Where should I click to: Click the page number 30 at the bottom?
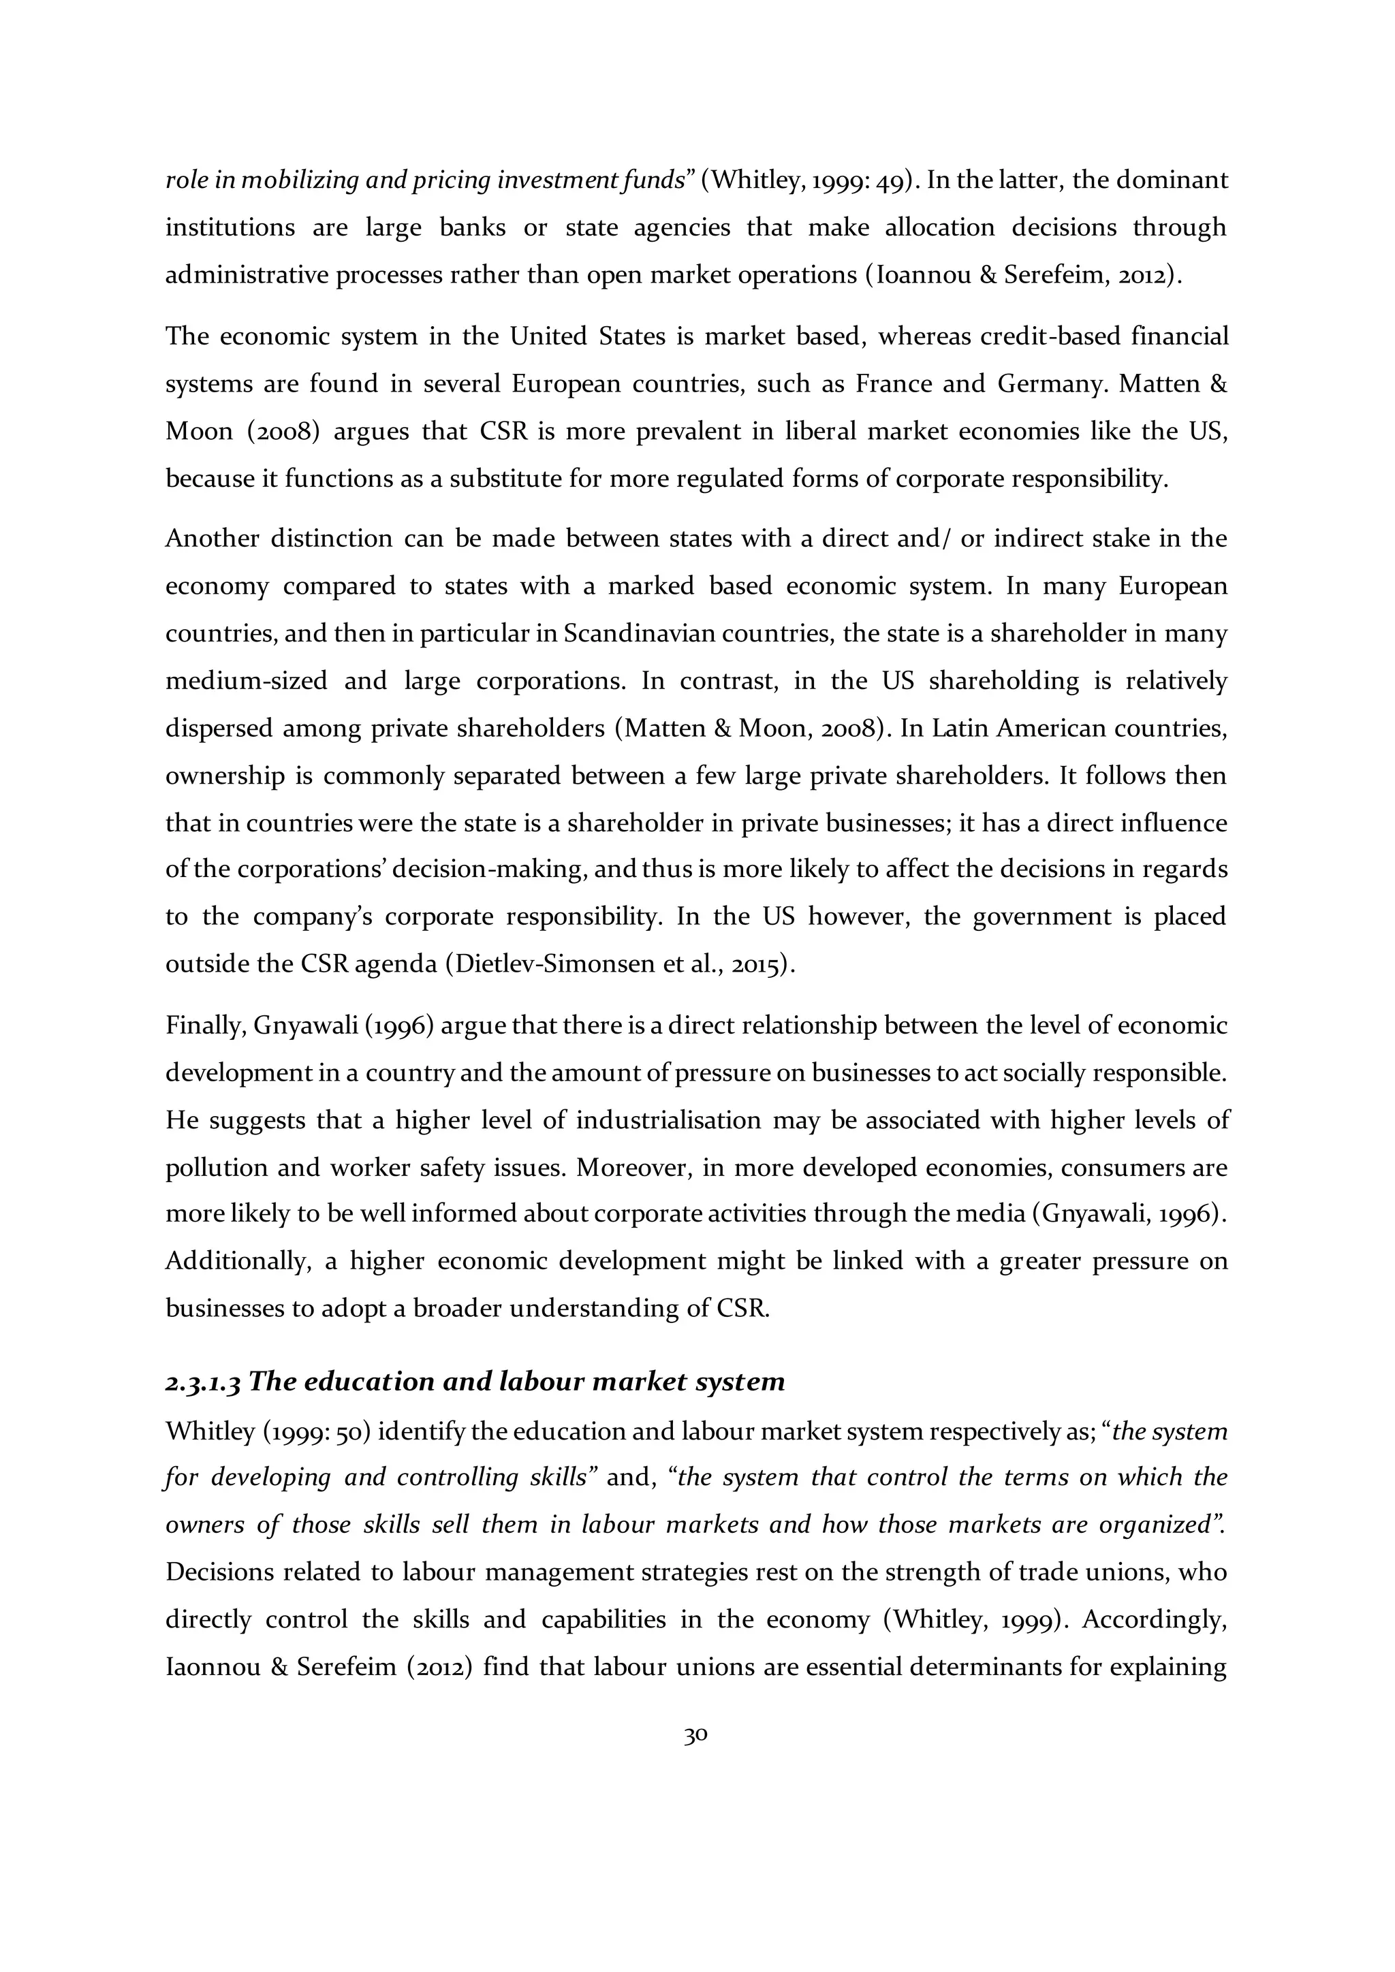pos(695,1735)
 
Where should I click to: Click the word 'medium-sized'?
pos(247,681)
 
